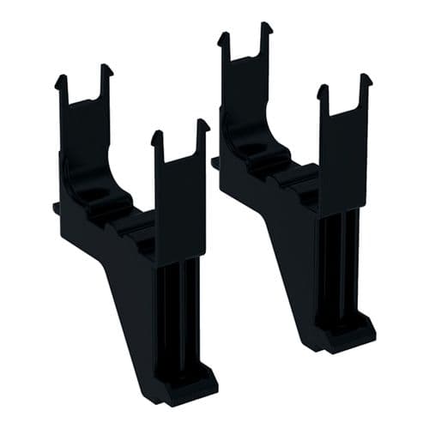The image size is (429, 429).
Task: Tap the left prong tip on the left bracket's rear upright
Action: [62, 81]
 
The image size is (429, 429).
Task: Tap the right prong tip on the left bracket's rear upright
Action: [106, 69]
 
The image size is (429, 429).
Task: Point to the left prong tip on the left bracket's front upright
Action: [157, 135]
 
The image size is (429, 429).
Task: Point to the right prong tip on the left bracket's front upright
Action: [202, 124]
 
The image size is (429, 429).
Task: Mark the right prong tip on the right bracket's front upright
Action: [366, 78]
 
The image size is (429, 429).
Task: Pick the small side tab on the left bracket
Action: [57, 205]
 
